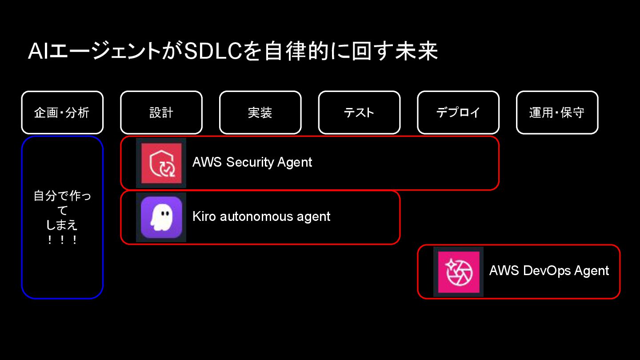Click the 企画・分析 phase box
[x=62, y=112]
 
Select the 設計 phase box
[x=161, y=112]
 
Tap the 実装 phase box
[x=260, y=112]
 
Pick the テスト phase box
[x=359, y=112]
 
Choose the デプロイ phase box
[x=458, y=112]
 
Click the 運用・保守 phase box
[x=557, y=112]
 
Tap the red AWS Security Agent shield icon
[x=161, y=163]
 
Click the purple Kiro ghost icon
[x=161, y=217]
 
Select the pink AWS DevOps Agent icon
[x=458, y=272]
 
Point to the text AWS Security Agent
[x=252, y=162]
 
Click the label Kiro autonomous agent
[x=261, y=216]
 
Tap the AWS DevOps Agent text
[x=549, y=271]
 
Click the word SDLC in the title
[x=213, y=52]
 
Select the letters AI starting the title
[x=37, y=52]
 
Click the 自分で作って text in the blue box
[x=62, y=202]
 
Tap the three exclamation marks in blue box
[x=62, y=240]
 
